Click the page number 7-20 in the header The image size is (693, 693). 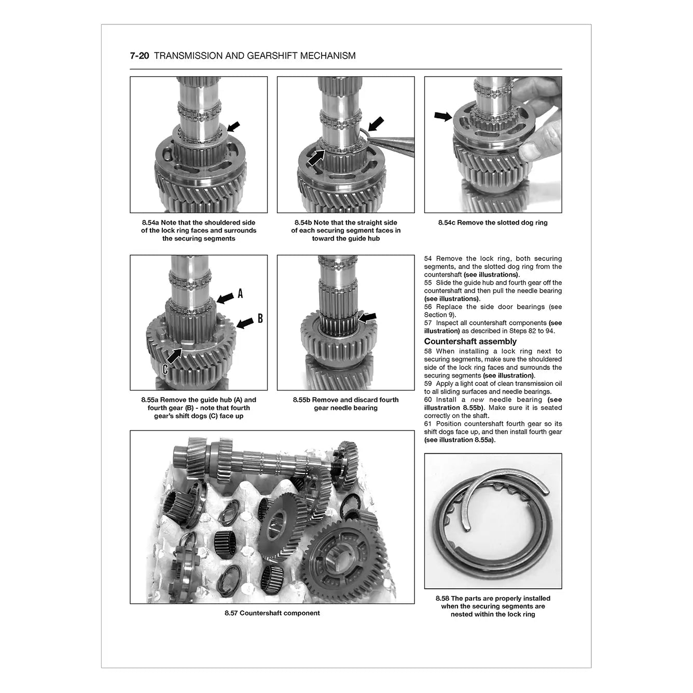click(140, 56)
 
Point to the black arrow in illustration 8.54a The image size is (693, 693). click(234, 126)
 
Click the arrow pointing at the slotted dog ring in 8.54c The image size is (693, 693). click(443, 116)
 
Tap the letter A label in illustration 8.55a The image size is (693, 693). click(240, 294)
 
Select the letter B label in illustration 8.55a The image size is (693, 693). click(260, 318)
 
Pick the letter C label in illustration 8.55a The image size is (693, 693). click(165, 369)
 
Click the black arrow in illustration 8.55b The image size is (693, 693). click(367, 317)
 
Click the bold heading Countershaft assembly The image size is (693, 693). click(470, 341)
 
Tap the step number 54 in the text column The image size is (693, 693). click(428, 258)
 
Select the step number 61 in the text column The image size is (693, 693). click(428, 424)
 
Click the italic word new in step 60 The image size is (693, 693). click(477, 399)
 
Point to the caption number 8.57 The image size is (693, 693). click(231, 613)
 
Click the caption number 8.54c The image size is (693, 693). click(447, 223)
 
